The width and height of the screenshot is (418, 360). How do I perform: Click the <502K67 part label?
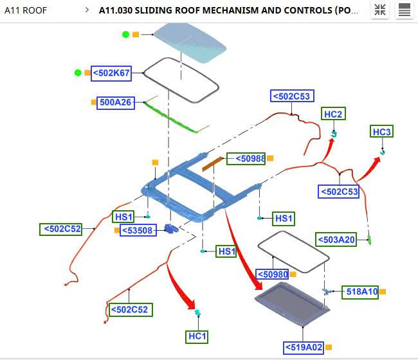coord(112,73)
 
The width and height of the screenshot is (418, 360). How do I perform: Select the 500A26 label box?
coord(115,102)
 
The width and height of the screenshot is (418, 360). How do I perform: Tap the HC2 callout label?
coord(334,114)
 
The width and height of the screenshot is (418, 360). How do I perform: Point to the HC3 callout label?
coord(382,132)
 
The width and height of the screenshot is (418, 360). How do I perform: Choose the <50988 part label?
coord(246,158)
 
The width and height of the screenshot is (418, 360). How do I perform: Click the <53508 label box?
coord(138,230)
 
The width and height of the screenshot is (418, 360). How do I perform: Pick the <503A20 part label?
coord(336,240)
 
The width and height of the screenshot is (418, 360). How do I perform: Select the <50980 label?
coord(273,274)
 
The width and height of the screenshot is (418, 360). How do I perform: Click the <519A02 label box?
coord(304,348)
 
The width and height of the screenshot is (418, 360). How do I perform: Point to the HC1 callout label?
coord(197,336)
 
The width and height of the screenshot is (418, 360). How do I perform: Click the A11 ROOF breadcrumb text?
coord(26,10)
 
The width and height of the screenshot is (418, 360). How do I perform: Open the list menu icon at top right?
coord(404,10)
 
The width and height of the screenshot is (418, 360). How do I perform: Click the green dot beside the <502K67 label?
coord(78,73)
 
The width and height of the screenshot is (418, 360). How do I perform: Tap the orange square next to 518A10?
coord(383,292)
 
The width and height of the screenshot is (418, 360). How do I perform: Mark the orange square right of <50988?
coord(270,158)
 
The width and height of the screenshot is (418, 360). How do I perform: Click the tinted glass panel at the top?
coord(189,42)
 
